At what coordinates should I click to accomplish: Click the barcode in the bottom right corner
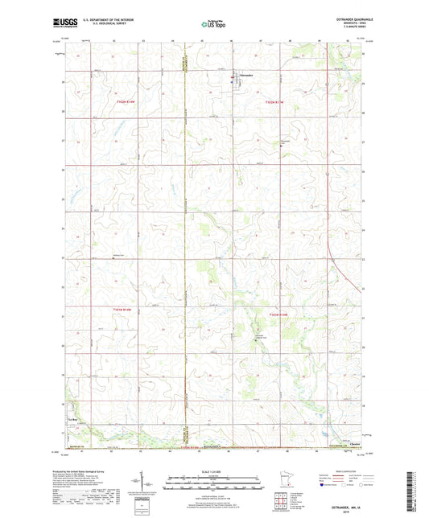pos(416,491)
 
